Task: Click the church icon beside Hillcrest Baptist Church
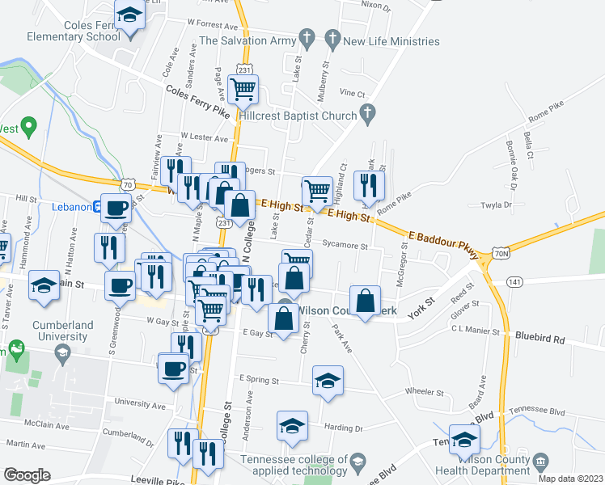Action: (368, 114)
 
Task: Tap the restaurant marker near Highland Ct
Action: (369, 186)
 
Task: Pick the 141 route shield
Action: (514, 280)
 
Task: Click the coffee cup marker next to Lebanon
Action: (116, 208)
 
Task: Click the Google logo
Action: (27, 475)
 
